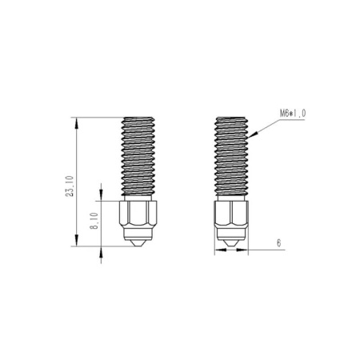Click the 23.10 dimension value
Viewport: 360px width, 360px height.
[70, 186]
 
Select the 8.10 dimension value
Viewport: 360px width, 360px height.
[94, 221]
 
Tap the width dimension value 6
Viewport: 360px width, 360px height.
[279, 243]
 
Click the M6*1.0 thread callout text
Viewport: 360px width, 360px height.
[293, 114]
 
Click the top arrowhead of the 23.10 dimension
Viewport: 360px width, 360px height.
[77, 123]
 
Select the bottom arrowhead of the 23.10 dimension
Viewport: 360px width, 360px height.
[77, 240]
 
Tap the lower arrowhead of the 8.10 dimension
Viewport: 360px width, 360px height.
[101, 252]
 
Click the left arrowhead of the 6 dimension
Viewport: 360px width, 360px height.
[221, 250]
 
